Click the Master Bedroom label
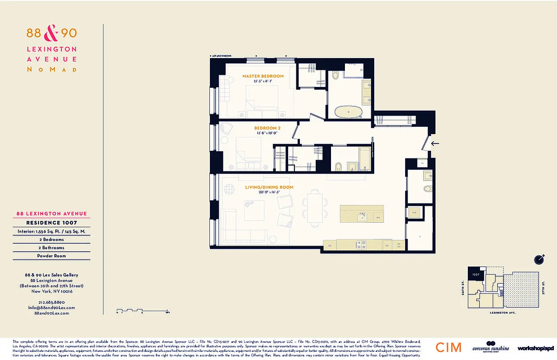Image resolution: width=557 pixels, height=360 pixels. tap(263, 76)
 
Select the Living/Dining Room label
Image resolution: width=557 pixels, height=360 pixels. tap(269, 187)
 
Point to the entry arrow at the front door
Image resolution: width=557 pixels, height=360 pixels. tap(435, 144)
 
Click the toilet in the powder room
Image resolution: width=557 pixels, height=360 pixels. tap(427, 189)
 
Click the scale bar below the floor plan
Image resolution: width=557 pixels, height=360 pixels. tap(142, 310)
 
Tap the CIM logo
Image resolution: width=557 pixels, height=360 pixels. tap(448, 347)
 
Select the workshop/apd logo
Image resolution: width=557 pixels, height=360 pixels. tap(535, 348)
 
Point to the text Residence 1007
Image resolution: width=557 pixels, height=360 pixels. tap(51, 223)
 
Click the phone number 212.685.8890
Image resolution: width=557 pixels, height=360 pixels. tap(51, 302)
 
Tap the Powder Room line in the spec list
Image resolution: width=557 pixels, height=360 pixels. tap(51, 256)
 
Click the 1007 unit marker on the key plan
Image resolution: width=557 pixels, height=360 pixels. tap(475, 274)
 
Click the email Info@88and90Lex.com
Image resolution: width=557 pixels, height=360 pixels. tap(51, 307)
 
